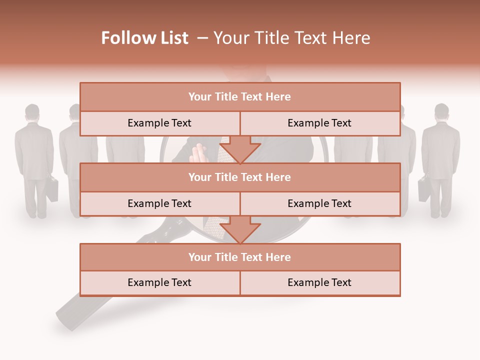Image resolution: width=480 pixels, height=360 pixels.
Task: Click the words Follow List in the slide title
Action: coord(145,38)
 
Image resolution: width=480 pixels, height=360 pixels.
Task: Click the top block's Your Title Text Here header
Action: coord(239,97)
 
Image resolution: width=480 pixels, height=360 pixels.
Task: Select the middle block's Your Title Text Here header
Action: coord(239,177)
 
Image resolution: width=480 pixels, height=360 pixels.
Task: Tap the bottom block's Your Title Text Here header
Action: coord(239,257)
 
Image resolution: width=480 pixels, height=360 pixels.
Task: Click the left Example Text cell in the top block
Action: coord(159,123)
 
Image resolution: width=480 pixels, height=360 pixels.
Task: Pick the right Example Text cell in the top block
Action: coord(319,123)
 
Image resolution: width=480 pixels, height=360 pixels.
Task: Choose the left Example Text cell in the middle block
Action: coord(159,203)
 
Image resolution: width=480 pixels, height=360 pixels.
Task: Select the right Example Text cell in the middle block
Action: coord(319,203)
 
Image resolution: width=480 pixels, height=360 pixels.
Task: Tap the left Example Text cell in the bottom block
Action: coord(159,282)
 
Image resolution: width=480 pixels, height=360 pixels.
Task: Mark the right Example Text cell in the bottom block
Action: coord(319,282)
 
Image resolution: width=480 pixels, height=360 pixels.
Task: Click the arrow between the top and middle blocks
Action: coord(240,150)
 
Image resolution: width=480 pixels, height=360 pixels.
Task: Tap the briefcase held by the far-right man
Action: coord(423,189)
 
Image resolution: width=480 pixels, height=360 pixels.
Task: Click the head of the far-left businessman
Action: coord(32,113)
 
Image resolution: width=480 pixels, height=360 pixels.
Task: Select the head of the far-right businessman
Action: coord(441,112)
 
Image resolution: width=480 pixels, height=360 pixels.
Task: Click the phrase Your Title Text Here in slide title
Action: coord(292,38)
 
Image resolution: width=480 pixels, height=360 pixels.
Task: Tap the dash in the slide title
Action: coord(202,38)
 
